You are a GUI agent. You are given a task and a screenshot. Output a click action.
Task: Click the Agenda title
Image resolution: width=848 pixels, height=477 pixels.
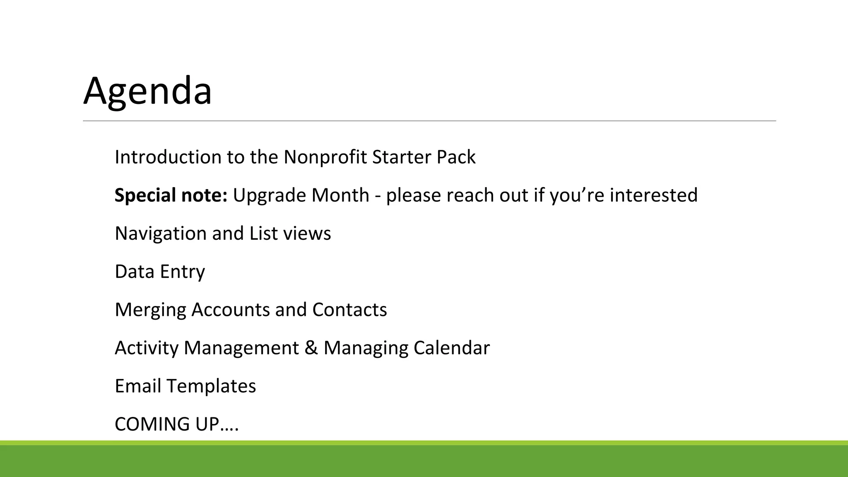pyautogui.click(x=147, y=91)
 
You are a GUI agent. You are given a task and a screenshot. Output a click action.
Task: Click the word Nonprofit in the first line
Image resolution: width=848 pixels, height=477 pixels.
pyautogui.click(x=325, y=157)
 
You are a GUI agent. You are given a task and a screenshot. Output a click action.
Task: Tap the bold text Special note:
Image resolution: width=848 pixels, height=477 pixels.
pyautogui.click(x=171, y=195)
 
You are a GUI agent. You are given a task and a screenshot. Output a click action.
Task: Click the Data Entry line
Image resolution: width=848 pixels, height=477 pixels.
pyautogui.click(x=160, y=272)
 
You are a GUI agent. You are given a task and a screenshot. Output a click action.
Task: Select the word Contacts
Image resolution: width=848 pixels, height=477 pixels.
pyautogui.click(x=349, y=310)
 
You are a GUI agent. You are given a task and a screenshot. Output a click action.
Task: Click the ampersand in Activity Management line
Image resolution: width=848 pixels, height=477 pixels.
pyautogui.click(x=311, y=348)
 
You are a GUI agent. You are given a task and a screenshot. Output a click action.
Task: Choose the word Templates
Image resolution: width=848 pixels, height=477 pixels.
pyautogui.click(x=211, y=386)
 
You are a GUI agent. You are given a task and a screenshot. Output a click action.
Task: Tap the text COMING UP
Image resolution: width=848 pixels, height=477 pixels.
pyautogui.click(x=176, y=424)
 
